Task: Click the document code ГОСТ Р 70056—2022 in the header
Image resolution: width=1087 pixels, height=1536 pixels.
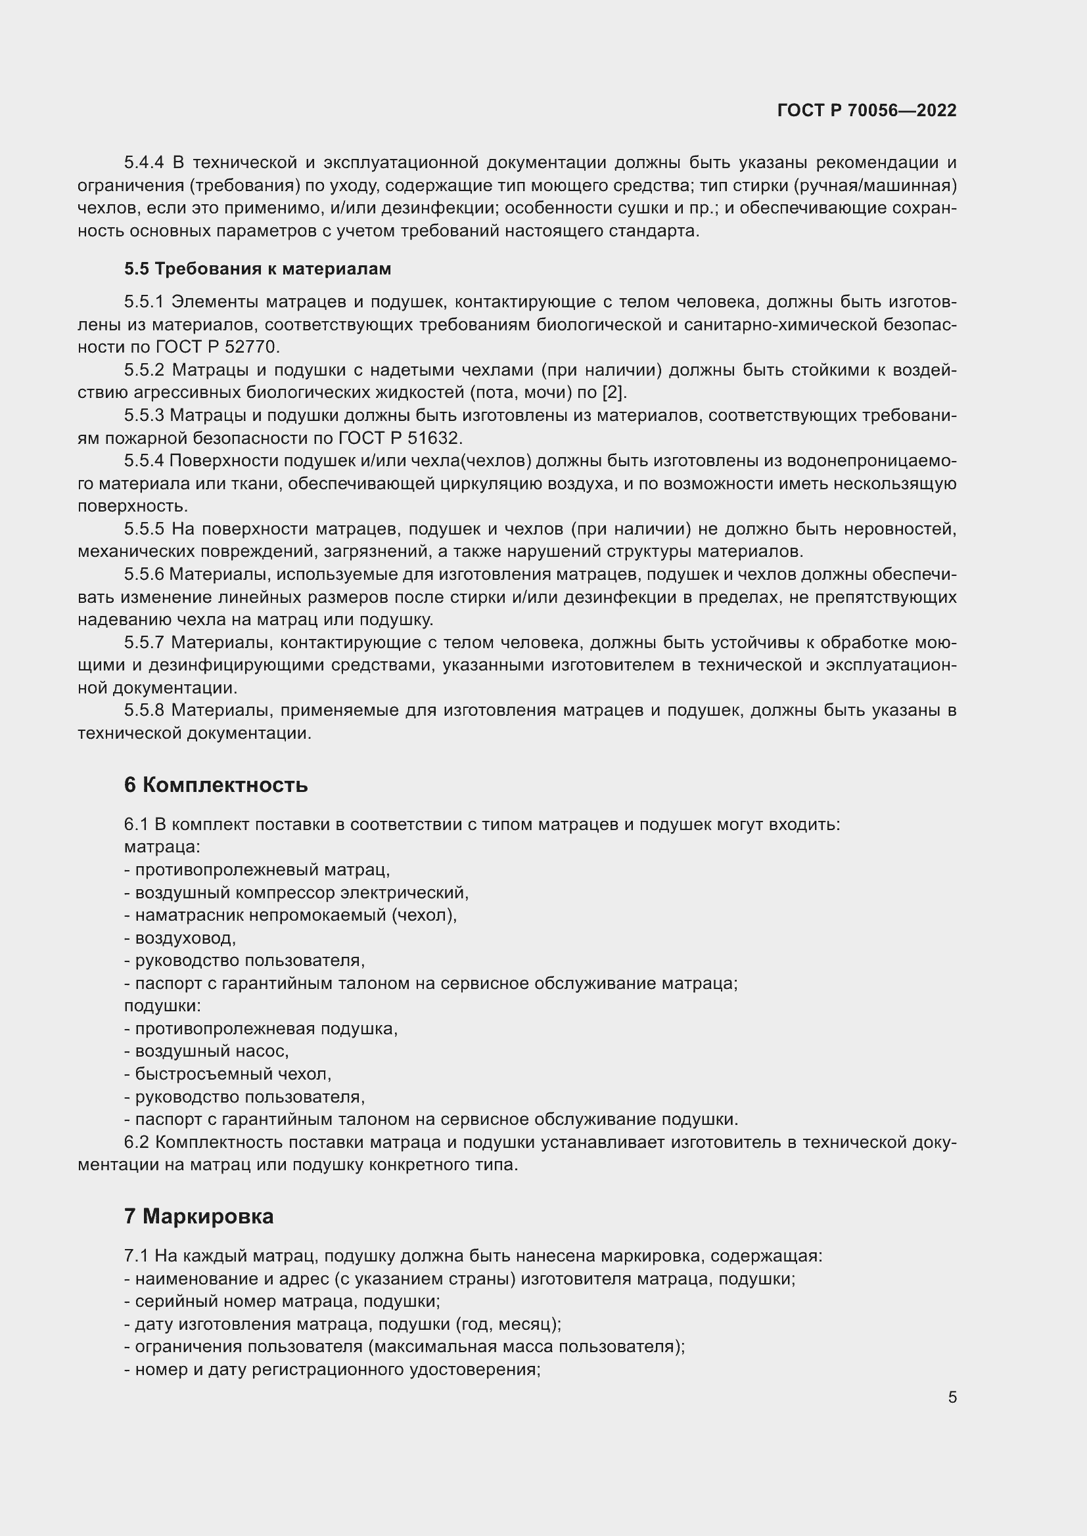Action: click(867, 111)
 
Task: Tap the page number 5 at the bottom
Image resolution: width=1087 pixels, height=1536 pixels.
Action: click(952, 1397)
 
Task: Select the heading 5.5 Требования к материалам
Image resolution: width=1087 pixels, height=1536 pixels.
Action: click(257, 269)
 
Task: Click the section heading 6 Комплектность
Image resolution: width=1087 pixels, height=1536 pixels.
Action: click(216, 785)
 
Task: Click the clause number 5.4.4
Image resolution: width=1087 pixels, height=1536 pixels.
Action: click(143, 163)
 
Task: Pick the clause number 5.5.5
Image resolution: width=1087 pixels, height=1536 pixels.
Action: click(143, 529)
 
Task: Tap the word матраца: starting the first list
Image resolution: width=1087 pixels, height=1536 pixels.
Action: click(162, 847)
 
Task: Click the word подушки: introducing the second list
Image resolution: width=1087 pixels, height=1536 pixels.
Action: click(162, 1006)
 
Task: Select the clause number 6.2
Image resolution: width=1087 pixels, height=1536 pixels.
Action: click(139, 1143)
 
